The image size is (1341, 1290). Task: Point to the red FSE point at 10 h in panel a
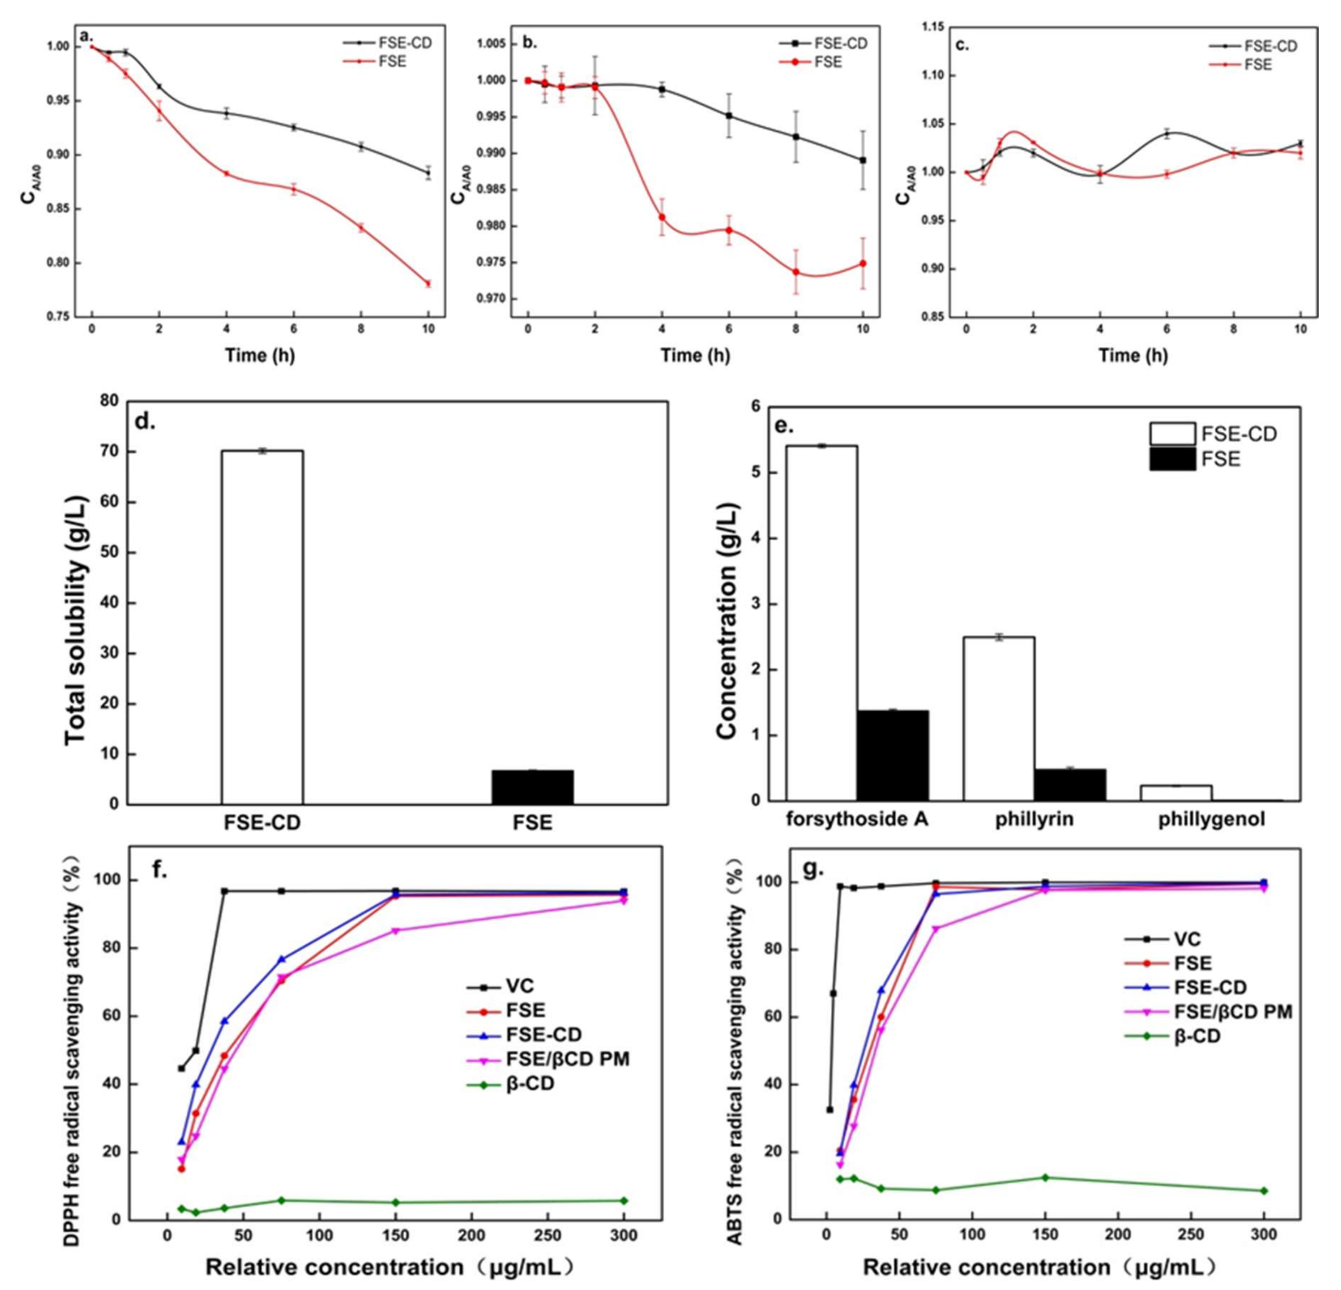coord(428,283)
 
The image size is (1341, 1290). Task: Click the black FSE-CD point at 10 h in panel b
coord(863,160)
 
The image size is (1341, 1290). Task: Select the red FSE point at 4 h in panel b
coord(662,217)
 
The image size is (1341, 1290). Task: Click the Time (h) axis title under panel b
coord(695,355)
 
